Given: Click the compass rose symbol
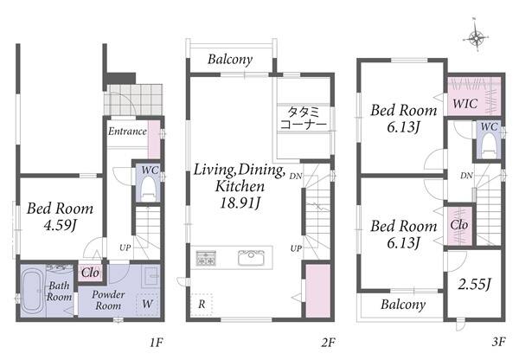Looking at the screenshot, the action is point(476,38).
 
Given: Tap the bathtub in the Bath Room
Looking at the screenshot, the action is point(32,292).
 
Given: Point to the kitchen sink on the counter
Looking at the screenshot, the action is point(251,257).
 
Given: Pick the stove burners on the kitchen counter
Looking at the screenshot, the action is point(206,258).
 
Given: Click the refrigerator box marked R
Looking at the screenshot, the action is point(202,304).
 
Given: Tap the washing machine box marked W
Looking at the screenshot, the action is point(147,304).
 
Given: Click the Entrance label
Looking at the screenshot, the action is point(127,132).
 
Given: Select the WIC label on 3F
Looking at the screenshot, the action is point(465,104).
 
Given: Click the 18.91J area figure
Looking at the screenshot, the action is point(240,202).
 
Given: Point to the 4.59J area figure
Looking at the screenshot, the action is point(60,225).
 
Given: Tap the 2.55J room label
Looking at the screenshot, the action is point(475,284).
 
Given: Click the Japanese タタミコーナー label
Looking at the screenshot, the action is point(304,118).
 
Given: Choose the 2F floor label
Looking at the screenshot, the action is point(328,342).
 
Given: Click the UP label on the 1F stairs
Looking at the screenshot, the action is point(125,247).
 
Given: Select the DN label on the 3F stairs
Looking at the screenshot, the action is point(466,176).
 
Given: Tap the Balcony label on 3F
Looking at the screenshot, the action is point(403,305).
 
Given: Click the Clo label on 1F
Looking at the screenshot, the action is point(90,273).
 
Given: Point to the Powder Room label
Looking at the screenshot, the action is point(108,300).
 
